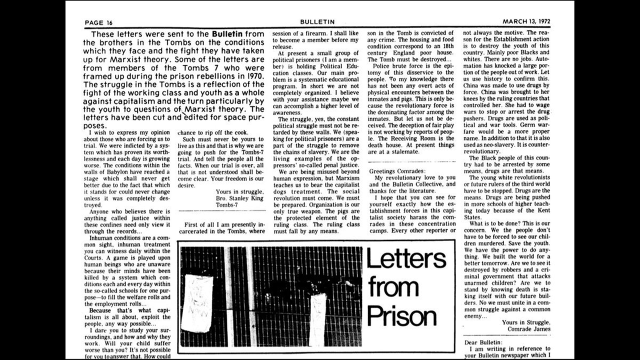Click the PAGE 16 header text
(98, 22)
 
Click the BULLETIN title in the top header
(317, 22)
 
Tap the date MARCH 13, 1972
(526, 22)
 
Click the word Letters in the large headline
(406, 258)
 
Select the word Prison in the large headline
(402, 315)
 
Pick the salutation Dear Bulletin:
(483, 342)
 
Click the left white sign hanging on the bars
(197, 303)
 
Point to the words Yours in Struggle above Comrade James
(526, 322)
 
